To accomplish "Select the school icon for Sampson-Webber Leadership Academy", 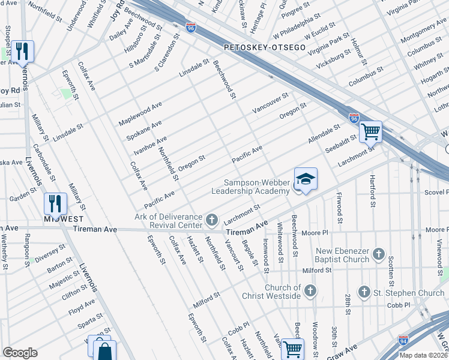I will pos(306,179).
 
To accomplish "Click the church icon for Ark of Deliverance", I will pos(211,220).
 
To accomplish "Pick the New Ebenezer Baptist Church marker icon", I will pos(379,254).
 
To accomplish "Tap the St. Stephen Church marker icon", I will pos(364,292).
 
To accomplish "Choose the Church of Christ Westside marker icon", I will pos(310,291).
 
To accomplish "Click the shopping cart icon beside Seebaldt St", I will pos(371,130).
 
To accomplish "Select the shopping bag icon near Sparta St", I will pos(104,351).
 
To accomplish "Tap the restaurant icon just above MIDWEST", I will pos(55,203).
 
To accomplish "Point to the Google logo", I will pos(20,353).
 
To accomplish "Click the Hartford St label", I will pos(373,180).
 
